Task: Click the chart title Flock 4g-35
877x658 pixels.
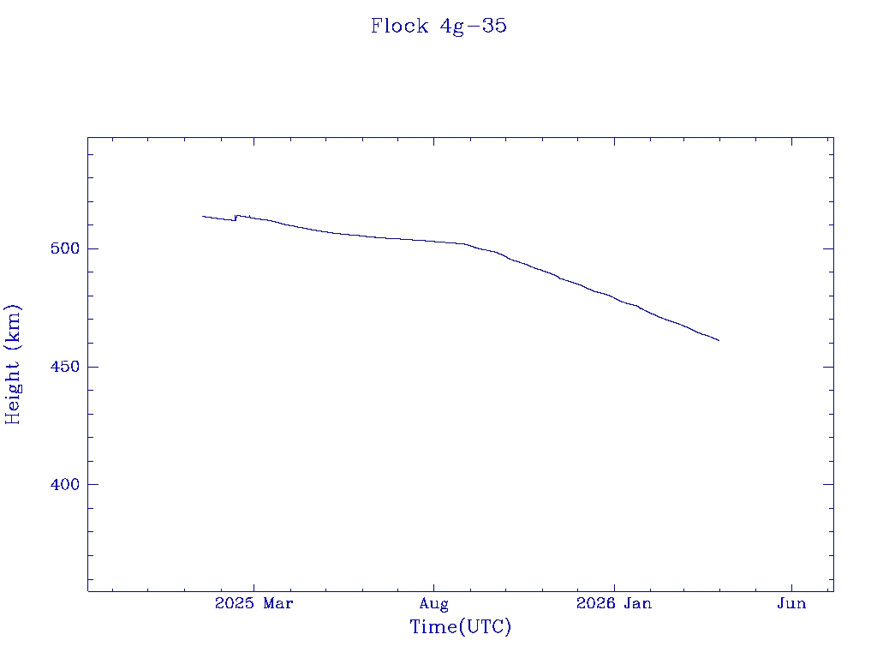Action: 438,27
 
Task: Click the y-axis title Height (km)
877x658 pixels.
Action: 13,364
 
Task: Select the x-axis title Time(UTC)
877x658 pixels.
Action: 461,627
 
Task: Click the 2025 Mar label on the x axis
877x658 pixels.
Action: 254,604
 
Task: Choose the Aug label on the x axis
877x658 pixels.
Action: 434,604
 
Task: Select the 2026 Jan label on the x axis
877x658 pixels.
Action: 613,604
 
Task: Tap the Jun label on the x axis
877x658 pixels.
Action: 791,604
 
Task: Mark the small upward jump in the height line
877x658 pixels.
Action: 236,218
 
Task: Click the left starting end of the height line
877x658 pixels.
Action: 203,216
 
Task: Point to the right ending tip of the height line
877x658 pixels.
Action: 719,340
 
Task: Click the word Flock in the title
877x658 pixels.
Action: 399,27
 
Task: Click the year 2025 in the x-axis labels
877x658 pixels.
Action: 235,604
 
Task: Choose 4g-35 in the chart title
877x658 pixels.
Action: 474,27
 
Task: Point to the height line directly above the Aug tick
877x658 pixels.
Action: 434,242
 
